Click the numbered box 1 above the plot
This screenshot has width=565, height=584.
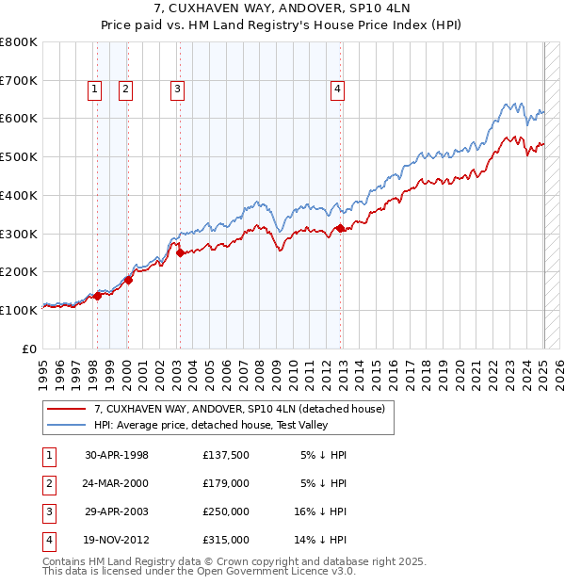95,89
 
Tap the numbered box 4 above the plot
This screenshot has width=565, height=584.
337,89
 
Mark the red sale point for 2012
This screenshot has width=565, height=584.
340,227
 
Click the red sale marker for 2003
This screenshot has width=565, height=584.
180,252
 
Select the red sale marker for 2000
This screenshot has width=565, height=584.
128,280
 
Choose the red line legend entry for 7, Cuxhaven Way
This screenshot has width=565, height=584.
239,410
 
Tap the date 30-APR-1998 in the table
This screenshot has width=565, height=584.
117,455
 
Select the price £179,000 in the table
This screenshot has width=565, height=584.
226,483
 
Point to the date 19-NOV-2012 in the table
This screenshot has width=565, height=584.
117,540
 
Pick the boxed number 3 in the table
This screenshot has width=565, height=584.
47,511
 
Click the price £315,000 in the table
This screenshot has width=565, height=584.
226,540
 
